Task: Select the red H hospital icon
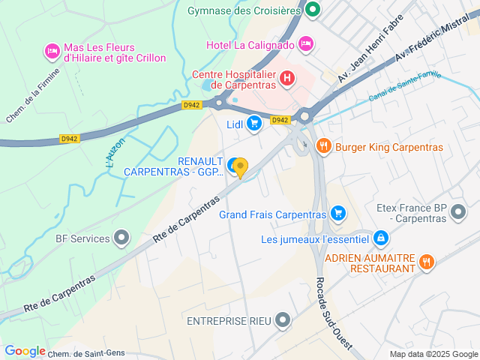(x=286, y=77)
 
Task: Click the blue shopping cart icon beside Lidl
(x=254, y=123)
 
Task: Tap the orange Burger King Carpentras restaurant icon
(x=324, y=147)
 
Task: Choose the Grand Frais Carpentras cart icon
(x=338, y=214)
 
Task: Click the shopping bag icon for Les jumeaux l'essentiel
(x=382, y=238)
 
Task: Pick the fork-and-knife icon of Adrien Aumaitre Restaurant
(x=427, y=261)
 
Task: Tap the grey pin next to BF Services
(x=121, y=239)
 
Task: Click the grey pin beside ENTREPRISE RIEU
(x=283, y=321)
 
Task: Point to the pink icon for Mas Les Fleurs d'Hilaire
(x=52, y=51)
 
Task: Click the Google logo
(x=25, y=351)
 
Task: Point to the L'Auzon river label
(x=113, y=149)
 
